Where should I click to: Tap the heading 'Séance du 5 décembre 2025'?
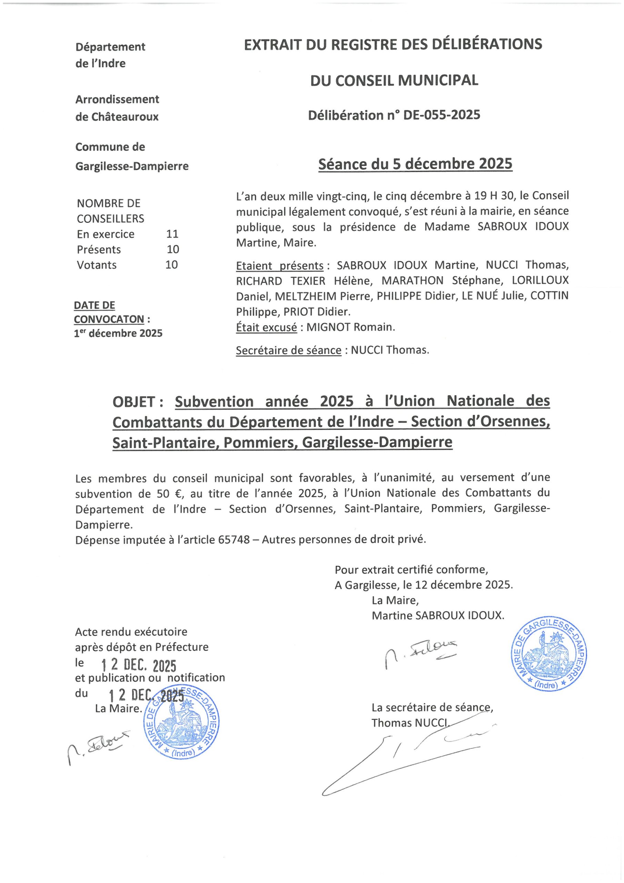point(415,164)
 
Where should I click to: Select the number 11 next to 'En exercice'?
point(172,234)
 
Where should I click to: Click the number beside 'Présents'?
point(173,250)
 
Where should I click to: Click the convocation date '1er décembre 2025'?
point(118,333)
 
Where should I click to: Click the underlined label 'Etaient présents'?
point(280,266)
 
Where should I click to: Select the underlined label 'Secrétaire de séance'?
point(288,350)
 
